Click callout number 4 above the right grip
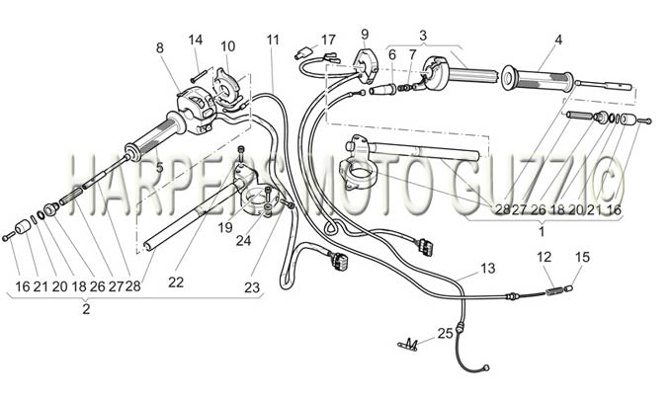(557, 40)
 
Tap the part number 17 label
(328, 40)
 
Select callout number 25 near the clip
(446, 333)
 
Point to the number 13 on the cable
(488, 269)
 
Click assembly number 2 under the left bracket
(86, 309)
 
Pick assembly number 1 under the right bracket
(542, 232)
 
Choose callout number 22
(176, 282)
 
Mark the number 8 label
(160, 48)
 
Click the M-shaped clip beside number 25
(408, 344)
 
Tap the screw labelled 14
(202, 76)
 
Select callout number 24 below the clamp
(243, 241)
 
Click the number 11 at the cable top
(273, 40)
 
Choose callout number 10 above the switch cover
(228, 46)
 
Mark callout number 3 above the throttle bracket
(423, 35)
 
